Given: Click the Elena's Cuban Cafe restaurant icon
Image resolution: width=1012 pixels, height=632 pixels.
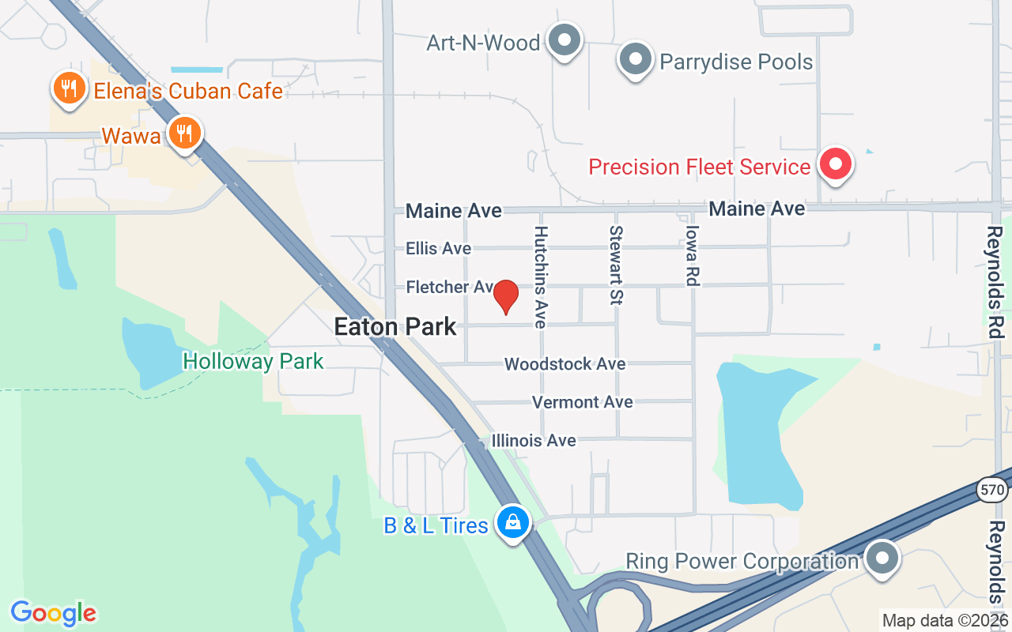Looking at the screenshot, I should (x=70, y=88).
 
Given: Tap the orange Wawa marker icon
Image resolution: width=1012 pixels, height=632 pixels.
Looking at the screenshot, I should (x=184, y=133).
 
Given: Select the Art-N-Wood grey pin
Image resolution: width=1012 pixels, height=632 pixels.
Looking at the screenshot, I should (x=565, y=39).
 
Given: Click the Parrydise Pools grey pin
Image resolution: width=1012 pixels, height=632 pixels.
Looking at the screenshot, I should (x=635, y=59).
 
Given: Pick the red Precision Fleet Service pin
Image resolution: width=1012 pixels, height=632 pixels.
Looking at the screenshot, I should (x=835, y=164).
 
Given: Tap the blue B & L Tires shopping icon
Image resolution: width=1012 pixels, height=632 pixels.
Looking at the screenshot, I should (x=513, y=522).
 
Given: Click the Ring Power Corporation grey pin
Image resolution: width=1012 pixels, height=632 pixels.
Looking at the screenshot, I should (x=882, y=559).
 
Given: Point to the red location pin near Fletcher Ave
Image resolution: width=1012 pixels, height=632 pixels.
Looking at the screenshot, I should (x=506, y=297).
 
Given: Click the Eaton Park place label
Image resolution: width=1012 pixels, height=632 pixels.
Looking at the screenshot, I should (x=395, y=326).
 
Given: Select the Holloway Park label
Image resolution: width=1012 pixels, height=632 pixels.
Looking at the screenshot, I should (x=253, y=362).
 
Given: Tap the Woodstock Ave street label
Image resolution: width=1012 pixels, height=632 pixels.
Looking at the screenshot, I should (x=565, y=364).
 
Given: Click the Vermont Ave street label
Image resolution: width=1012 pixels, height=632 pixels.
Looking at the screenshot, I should (x=582, y=402).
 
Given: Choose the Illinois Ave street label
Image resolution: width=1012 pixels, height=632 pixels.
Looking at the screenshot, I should (x=534, y=440).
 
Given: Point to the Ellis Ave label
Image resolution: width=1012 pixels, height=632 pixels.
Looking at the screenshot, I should (x=438, y=248).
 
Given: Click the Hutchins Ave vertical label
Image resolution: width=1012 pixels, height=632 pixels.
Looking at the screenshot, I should (x=541, y=276).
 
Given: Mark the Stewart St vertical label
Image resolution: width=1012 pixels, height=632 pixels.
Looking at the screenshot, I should (x=616, y=265).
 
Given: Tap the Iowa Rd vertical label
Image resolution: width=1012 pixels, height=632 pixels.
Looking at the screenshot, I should (x=693, y=255).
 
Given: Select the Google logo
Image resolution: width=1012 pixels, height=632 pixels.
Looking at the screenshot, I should (x=54, y=613).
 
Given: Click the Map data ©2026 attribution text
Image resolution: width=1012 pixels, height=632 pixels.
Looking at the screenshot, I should (x=945, y=620).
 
